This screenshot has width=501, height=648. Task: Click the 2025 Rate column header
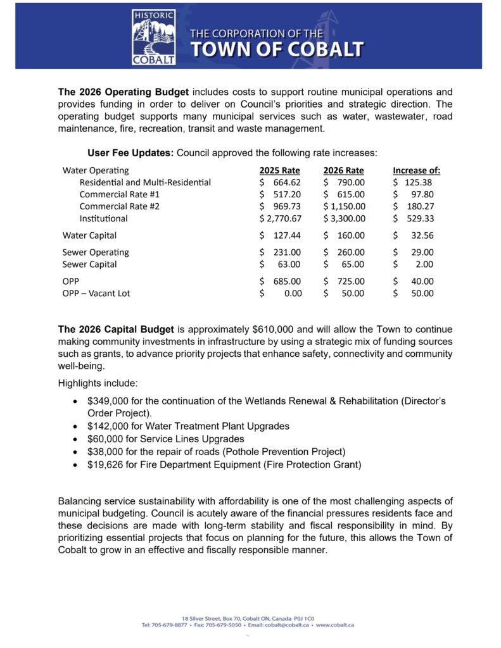coord(279,170)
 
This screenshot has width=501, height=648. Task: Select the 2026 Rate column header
coord(343,170)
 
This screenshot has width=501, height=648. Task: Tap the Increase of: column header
coord(416,170)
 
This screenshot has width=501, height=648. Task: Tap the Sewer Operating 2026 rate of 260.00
coord(350,252)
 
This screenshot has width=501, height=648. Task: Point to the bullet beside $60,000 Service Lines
coord(76,439)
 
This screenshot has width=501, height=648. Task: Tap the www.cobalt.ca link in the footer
coord(335,625)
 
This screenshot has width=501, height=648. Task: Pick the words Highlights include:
coord(93,383)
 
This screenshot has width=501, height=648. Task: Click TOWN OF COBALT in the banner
coord(277,49)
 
